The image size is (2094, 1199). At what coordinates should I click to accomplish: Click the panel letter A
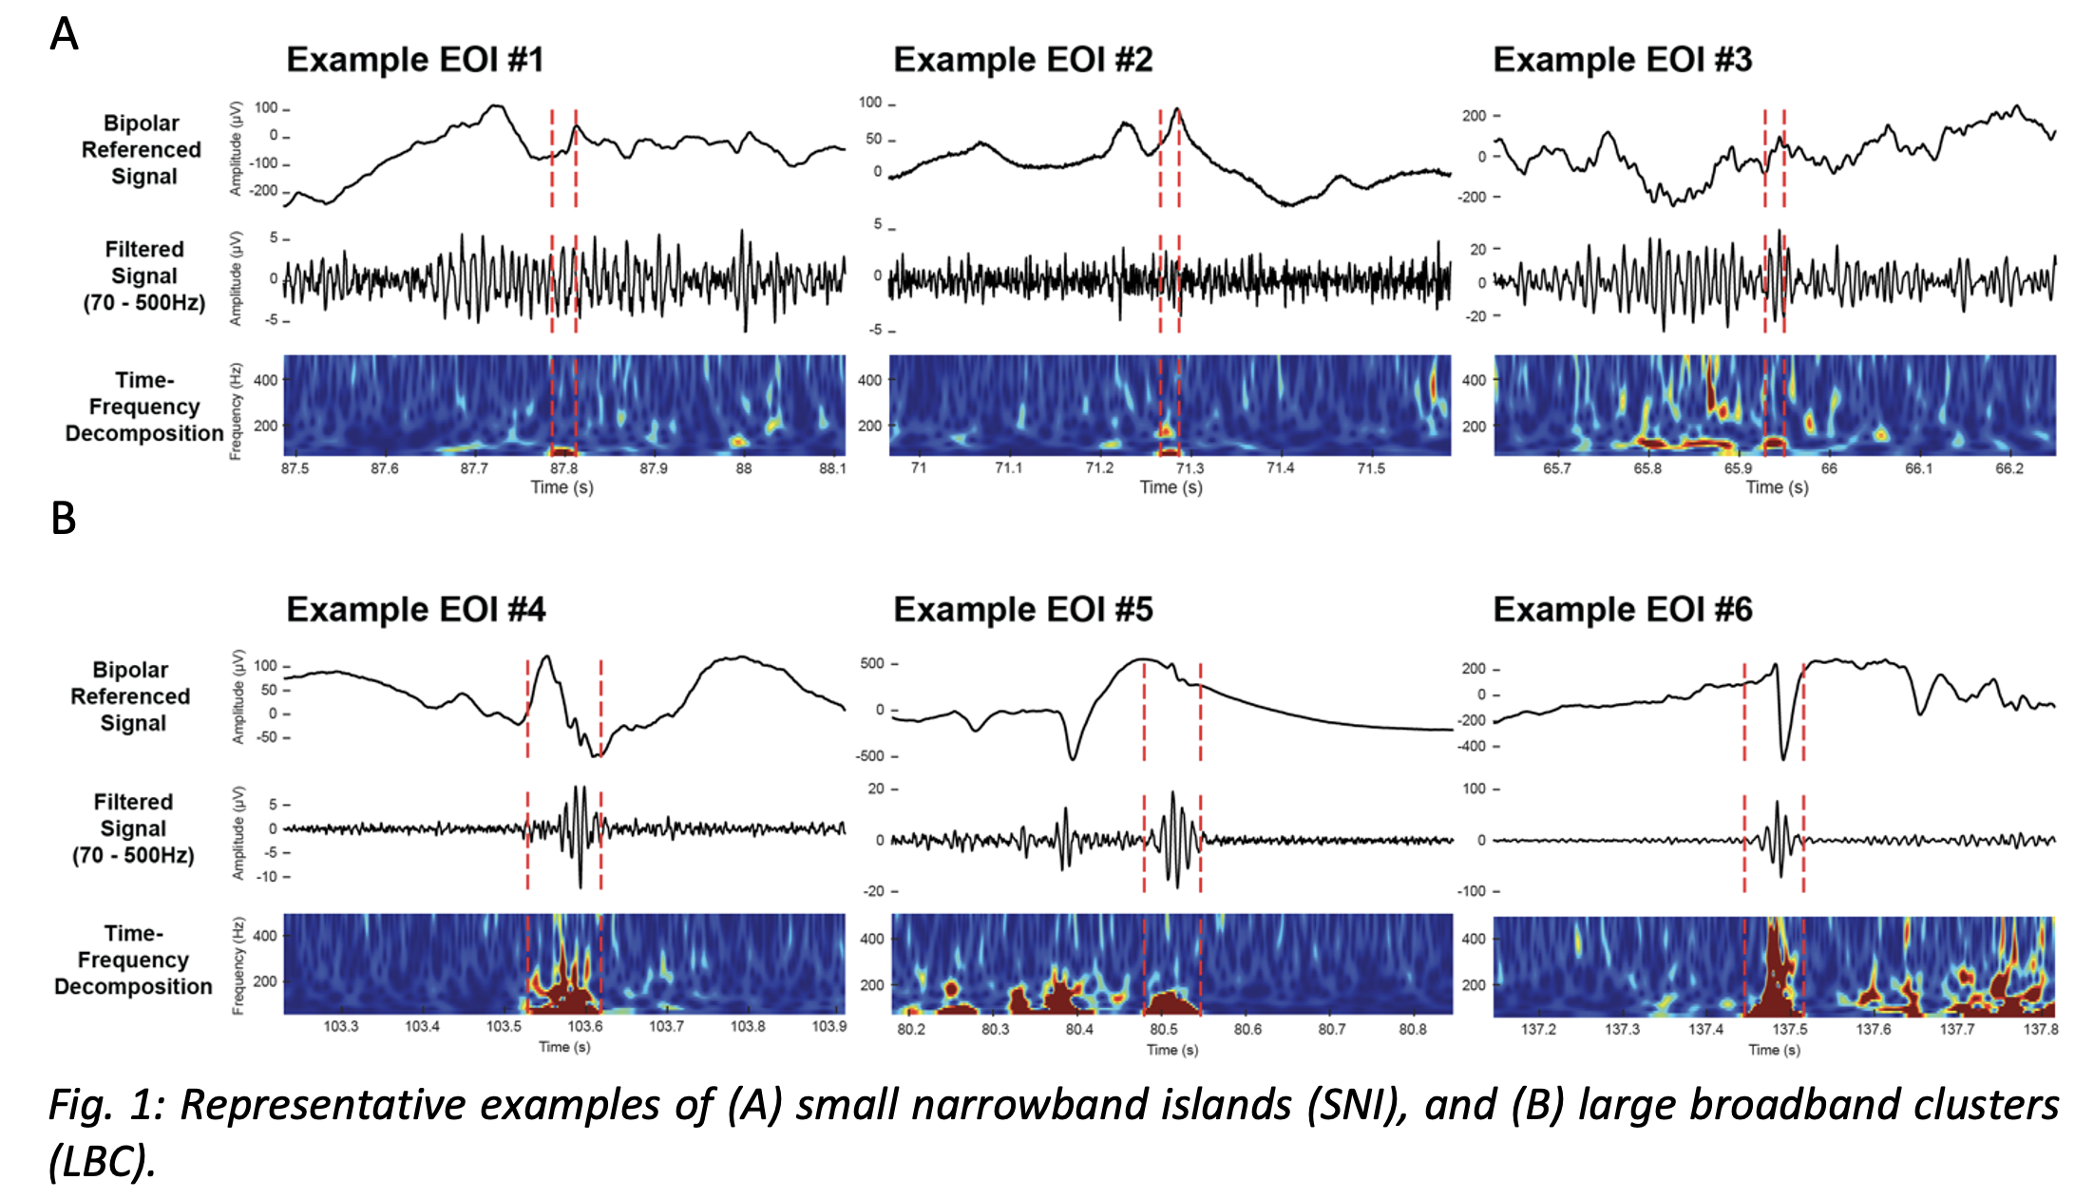(x=64, y=35)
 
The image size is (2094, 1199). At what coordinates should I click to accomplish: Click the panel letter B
(x=63, y=519)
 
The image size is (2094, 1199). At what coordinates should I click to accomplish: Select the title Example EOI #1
(x=415, y=60)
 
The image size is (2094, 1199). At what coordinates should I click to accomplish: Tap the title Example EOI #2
(x=1022, y=60)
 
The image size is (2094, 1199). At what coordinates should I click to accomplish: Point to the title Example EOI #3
(x=1622, y=60)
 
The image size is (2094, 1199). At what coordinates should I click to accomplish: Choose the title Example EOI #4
(x=416, y=610)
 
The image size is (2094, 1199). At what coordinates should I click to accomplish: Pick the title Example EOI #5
(x=1022, y=610)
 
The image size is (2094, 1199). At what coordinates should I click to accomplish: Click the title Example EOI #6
(x=1622, y=610)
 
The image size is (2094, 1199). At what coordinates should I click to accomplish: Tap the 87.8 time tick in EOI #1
(x=563, y=468)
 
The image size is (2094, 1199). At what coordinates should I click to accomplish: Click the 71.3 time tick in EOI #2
(x=1190, y=468)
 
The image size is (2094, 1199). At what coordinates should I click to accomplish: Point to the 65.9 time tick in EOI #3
(x=1738, y=468)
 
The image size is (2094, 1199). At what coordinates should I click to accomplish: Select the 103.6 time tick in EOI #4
(x=584, y=1026)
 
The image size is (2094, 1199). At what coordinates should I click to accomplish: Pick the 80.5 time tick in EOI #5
(x=1163, y=1029)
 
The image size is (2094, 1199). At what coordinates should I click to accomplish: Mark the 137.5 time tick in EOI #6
(x=1789, y=1029)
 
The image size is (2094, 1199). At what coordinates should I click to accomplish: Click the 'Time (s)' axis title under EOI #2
(x=1171, y=487)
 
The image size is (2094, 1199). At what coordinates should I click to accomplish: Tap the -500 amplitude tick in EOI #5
(x=871, y=756)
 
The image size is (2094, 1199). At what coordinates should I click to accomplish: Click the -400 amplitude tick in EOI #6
(x=1473, y=746)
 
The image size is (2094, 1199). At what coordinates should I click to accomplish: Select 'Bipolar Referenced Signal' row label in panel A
(x=143, y=150)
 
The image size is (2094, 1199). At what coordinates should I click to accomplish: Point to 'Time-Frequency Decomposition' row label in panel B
(x=133, y=960)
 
